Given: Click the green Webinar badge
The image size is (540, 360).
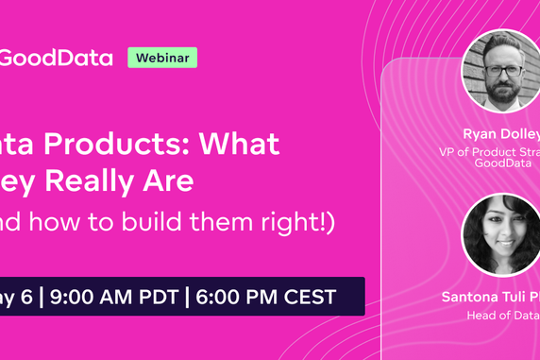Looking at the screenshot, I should pyautogui.click(x=162, y=58).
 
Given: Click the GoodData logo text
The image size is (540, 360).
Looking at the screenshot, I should pyautogui.click(x=57, y=58).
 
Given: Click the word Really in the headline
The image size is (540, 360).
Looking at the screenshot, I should pyautogui.click(x=103, y=181).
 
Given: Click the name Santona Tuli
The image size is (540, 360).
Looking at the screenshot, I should pyautogui.click(x=485, y=297).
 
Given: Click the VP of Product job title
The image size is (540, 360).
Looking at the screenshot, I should pyautogui.click(x=491, y=151).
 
